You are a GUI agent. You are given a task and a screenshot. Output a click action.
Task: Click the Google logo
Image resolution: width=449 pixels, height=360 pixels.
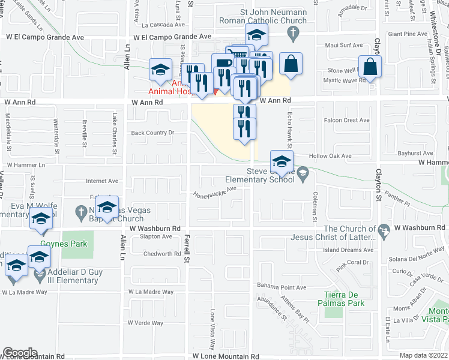click(20, 353)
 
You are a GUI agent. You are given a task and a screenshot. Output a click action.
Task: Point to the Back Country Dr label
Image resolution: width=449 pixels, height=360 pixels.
click(152, 133)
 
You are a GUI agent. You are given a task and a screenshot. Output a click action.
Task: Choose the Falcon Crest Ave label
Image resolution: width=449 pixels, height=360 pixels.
click(346, 120)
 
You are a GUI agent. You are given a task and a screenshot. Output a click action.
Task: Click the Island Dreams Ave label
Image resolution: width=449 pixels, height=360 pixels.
click(348, 250)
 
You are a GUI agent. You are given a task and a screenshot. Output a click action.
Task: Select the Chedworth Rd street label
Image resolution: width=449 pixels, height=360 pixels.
click(162, 254)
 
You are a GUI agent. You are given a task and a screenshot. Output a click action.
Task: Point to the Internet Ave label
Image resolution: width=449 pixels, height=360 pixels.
click(102, 181)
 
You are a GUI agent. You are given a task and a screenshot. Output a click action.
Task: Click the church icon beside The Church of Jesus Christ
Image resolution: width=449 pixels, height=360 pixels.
click(381, 229)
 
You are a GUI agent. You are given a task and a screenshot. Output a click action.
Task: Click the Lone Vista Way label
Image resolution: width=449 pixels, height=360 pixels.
click(212, 330)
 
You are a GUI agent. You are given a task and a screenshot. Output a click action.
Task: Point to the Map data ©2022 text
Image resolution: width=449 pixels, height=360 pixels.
click(423, 355)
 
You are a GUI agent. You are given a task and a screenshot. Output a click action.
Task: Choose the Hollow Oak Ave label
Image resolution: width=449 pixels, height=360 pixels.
click(330, 155)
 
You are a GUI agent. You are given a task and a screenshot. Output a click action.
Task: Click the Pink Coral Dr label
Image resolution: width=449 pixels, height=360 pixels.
click(352, 263)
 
